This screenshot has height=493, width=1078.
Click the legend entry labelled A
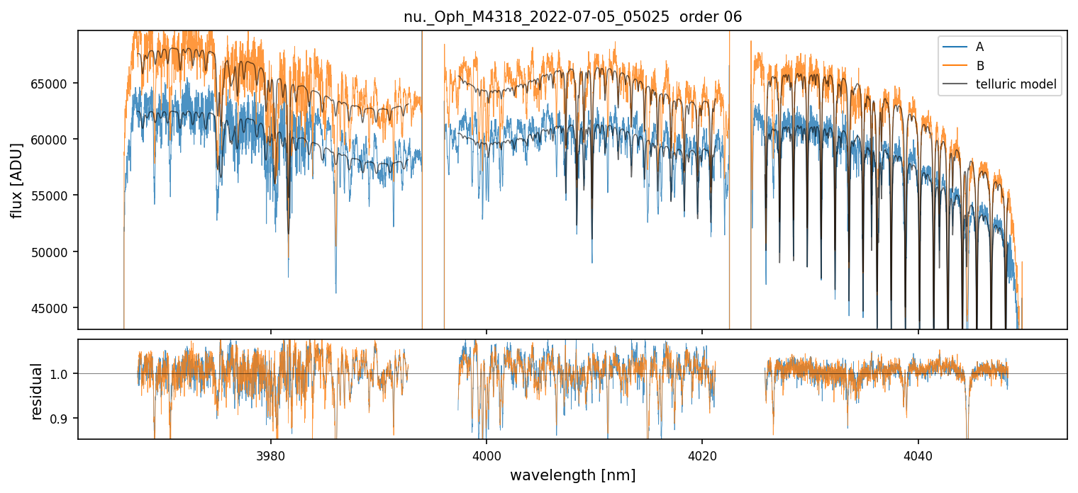pos(979,47)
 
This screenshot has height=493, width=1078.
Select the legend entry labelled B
pos(979,66)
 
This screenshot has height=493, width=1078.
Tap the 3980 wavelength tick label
pos(271,453)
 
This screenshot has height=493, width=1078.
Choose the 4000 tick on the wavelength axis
pos(487,453)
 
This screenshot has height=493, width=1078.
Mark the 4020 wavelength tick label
pos(702,453)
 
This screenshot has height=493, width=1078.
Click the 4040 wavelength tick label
pos(918,453)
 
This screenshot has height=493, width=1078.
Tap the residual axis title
pos(37,391)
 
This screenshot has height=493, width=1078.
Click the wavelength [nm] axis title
pos(572,475)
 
